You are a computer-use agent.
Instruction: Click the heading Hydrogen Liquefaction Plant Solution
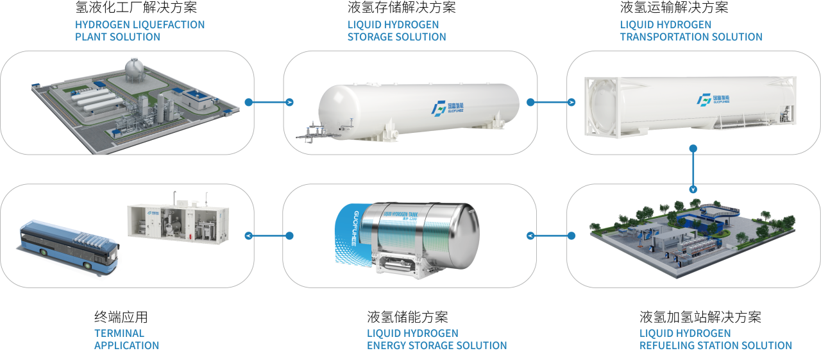pyautogui.click(x=140, y=31)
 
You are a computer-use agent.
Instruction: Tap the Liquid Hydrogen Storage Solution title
pyautogui.click(x=396, y=31)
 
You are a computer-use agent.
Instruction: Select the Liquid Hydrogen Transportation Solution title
pyautogui.click(x=691, y=31)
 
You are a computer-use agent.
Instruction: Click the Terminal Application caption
pyautogui.click(x=126, y=339)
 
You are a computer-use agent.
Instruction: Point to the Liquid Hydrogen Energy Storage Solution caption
pyautogui.click(x=436, y=339)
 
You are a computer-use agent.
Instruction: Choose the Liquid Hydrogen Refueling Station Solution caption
pyautogui.click(x=715, y=339)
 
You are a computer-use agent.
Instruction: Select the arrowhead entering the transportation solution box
pyautogui.click(x=571, y=102)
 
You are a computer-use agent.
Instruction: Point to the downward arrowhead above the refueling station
pyautogui.click(x=693, y=190)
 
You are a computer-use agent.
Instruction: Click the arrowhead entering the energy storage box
pyautogui.click(x=530, y=236)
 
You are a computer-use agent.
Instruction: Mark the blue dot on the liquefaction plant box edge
pyautogui.click(x=248, y=102)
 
